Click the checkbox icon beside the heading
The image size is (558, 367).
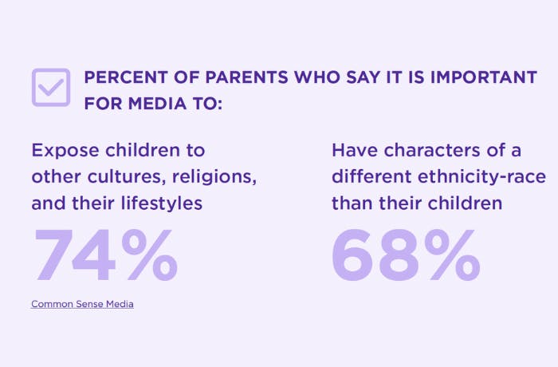(51, 88)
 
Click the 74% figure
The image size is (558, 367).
(105, 255)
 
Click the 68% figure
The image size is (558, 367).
(405, 255)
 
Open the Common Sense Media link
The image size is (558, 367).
(82, 304)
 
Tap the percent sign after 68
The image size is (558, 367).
(450, 255)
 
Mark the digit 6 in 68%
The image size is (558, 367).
(352, 255)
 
